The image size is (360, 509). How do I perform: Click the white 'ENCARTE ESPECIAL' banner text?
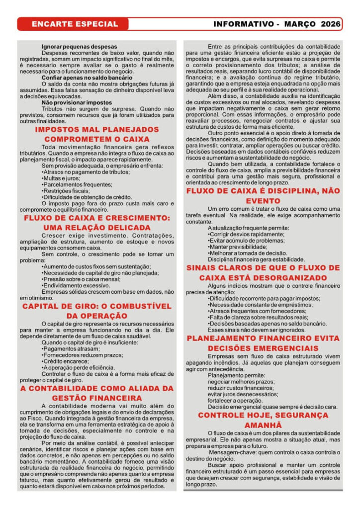click(x=75, y=24)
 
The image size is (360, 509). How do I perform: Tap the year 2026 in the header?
click(x=331, y=24)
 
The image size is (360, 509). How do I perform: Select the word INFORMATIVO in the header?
click(x=243, y=24)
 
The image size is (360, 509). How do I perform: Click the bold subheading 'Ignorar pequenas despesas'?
click(x=80, y=47)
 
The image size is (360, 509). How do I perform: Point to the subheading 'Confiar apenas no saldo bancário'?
click(x=87, y=78)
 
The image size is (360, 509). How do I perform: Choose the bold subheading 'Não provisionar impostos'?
click(x=77, y=102)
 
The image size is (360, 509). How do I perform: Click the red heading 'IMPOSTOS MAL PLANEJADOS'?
click(x=97, y=130)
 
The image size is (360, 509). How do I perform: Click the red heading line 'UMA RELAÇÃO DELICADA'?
click(x=97, y=228)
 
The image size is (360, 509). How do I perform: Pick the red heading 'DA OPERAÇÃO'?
click(x=97, y=316)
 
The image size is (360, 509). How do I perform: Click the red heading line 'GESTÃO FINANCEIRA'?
click(x=97, y=398)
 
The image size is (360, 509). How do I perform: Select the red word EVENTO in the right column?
click(x=263, y=201)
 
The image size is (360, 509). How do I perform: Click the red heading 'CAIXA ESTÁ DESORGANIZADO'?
click(x=263, y=277)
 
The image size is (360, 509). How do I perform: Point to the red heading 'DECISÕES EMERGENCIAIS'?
click(x=263, y=348)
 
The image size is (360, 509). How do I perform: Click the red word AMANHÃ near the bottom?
click(x=263, y=425)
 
